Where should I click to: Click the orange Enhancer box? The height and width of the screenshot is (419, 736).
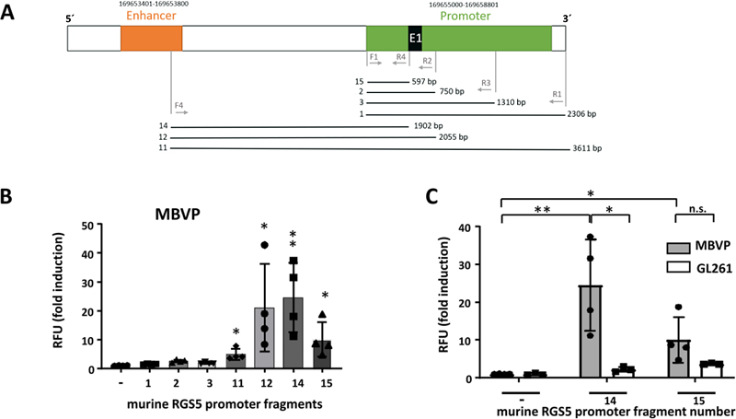(x=151, y=38)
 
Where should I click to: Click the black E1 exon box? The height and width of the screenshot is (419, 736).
(x=415, y=38)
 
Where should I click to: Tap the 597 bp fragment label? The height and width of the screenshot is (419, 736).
(x=424, y=81)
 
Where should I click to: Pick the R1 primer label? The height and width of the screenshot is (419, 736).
(x=557, y=94)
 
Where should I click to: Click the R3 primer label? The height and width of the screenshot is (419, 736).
(x=486, y=84)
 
